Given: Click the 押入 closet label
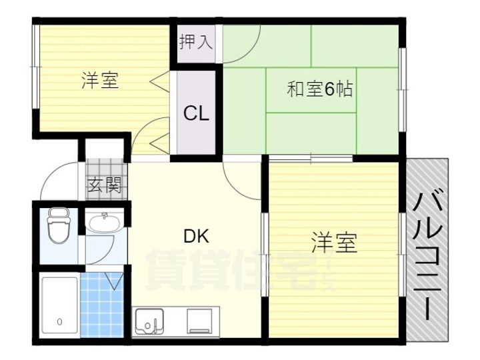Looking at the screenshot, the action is (x=196, y=42).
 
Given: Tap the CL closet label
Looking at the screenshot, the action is (x=196, y=113).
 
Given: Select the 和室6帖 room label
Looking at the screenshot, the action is (x=319, y=89).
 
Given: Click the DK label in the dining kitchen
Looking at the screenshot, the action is (x=196, y=236).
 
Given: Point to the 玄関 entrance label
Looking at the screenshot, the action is (x=105, y=185).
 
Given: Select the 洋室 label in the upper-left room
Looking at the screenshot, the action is (x=100, y=80).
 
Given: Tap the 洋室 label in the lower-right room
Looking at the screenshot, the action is (x=334, y=243).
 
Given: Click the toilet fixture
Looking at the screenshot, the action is (x=59, y=225).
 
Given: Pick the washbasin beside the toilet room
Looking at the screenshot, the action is (x=104, y=223).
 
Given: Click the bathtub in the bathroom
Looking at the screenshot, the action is (x=60, y=305).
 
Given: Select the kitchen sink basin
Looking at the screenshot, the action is (x=149, y=321).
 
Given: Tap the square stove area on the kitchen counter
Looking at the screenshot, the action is (x=199, y=321).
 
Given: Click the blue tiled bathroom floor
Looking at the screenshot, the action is (x=101, y=305).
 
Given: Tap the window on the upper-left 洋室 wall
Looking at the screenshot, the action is (x=36, y=67).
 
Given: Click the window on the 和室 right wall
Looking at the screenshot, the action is (x=402, y=90).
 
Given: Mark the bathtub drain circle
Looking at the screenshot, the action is (x=60, y=322).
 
